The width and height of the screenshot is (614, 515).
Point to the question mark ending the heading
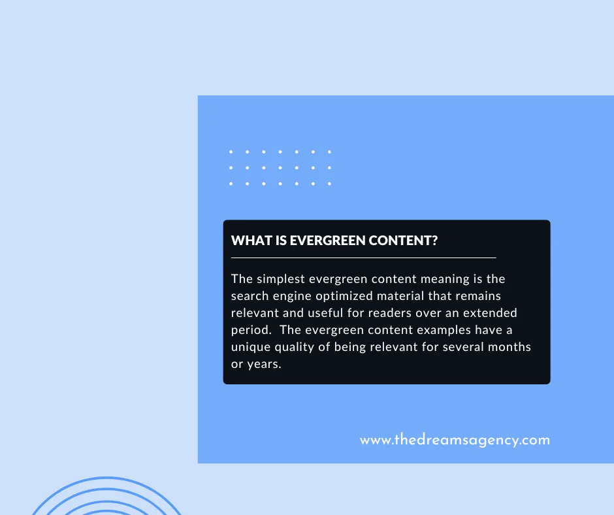434,241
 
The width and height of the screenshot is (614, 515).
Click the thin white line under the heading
363,258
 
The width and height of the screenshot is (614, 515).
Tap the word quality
299,347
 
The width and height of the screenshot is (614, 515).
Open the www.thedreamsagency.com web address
455,440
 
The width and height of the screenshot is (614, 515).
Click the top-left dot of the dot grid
231,152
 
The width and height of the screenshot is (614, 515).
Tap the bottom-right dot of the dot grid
329,184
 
